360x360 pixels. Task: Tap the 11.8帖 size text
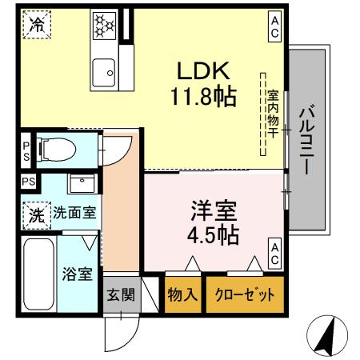pyautogui.click(x=202, y=98)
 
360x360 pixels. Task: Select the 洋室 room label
pyautogui.click(x=214, y=212)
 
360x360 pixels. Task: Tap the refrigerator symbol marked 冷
pyautogui.click(x=35, y=25)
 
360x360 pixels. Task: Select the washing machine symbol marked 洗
pyautogui.click(x=36, y=214)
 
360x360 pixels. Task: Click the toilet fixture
pyautogui.click(x=61, y=148)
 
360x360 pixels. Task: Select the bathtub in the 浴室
pyautogui.click(x=38, y=276)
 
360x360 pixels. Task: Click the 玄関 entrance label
pyautogui.click(x=121, y=294)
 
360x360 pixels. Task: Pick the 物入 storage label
pyautogui.click(x=183, y=294)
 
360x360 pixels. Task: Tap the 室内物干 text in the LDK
pyautogui.click(x=272, y=111)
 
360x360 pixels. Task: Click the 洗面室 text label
pyautogui.click(x=74, y=214)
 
